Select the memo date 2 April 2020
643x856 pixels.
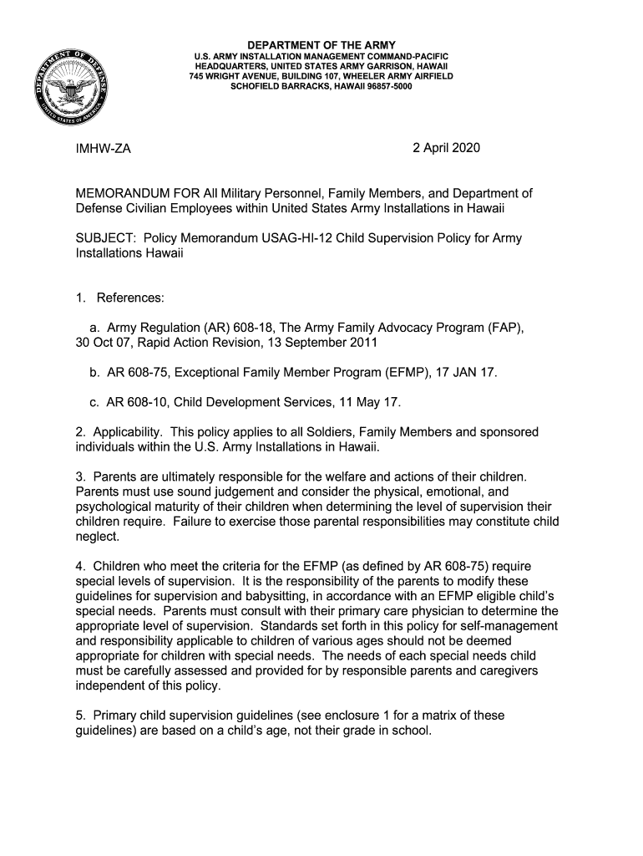[446, 149]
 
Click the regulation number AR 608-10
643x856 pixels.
[136, 402]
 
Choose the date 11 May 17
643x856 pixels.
[368, 402]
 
